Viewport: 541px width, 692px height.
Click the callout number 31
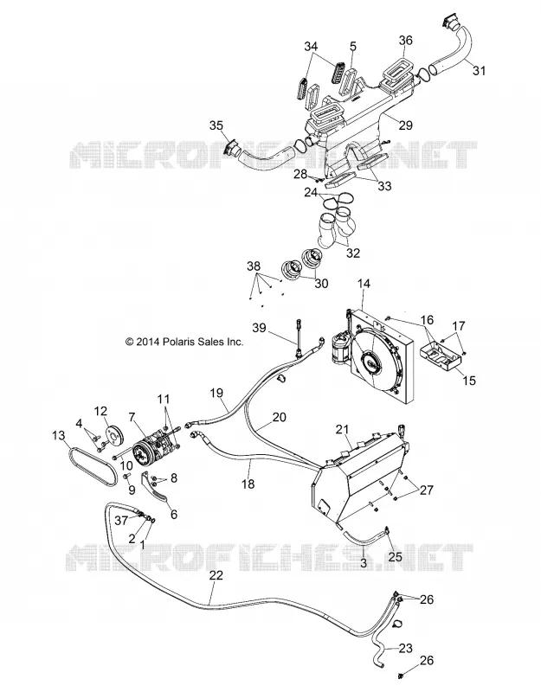[x=480, y=71]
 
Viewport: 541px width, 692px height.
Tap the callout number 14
[x=364, y=284]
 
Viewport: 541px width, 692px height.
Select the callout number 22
[x=216, y=575]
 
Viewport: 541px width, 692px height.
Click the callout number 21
[x=342, y=429]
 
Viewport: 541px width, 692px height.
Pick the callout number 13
[x=58, y=436]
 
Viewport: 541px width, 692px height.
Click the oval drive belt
[x=93, y=465]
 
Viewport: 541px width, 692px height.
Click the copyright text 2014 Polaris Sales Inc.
[x=184, y=342]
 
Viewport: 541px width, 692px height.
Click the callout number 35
[x=216, y=125]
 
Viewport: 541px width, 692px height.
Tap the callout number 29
[x=405, y=125]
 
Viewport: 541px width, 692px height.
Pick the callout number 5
[x=353, y=47]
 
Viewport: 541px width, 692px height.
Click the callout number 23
[x=405, y=648]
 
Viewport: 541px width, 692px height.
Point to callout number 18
[x=248, y=484]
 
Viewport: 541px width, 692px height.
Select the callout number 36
[x=405, y=40]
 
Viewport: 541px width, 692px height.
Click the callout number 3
[x=364, y=563]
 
